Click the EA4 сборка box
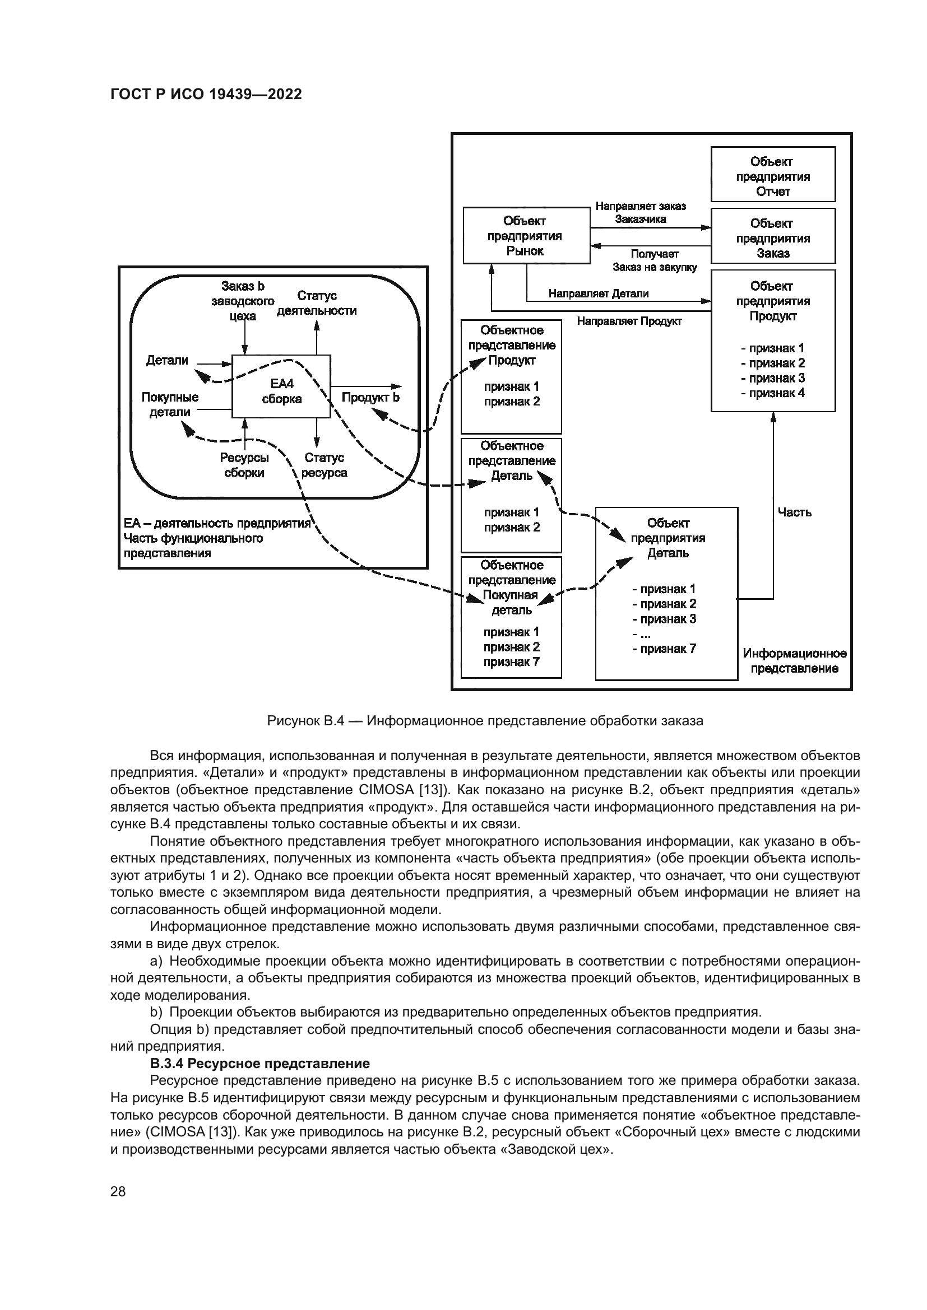281,386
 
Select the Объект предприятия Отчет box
772,175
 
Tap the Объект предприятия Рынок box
525,236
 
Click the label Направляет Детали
598,294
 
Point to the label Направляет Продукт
629,321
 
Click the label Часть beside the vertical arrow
794,512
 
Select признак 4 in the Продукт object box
773,393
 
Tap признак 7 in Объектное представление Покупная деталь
511,663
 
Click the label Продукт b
370,397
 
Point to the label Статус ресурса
324,465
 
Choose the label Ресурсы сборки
244,465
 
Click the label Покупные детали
170,404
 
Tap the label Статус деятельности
317,303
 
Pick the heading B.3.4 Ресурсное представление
259,1064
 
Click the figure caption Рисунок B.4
485,721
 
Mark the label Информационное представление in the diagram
794,661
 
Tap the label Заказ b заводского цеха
243,301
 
